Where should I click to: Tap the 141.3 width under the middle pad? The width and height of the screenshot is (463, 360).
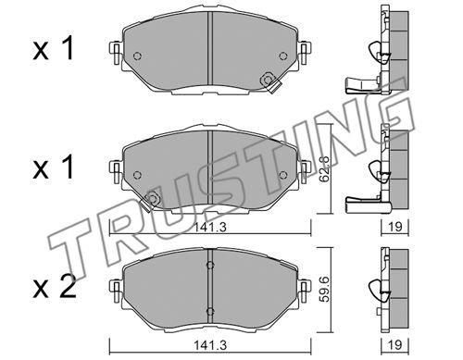click(x=210, y=228)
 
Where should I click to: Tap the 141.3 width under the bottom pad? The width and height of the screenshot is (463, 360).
click(x=210, y=345)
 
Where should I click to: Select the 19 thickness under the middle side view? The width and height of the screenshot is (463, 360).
click(x=395, y=227)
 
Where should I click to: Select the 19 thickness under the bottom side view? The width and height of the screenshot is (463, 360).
click(x=395, y=345)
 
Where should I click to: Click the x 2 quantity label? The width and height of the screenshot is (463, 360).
click(x=55, y=286)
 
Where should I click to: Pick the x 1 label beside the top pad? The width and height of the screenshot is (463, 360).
click(x=53, y=48)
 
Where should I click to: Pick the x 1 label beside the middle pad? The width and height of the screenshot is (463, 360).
click(x=53, y=167)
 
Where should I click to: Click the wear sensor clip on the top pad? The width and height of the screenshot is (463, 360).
click(x=269, y=82)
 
